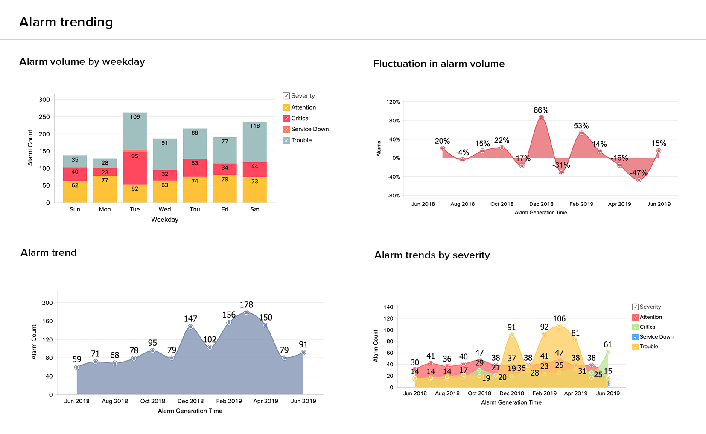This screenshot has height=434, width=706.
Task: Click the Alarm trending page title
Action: pos(66,22)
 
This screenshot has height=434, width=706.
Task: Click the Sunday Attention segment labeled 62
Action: pos(75,191)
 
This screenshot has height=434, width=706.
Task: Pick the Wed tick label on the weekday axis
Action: pos(165,209)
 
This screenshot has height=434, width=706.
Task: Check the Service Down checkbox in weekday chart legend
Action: pos(286,129)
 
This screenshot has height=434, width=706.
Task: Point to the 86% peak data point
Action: pos(541,117)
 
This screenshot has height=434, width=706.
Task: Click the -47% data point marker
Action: pos(639,180)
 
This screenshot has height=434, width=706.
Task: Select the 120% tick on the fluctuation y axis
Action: pos(393,102)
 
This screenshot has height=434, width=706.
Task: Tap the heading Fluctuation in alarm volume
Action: pos(439,64)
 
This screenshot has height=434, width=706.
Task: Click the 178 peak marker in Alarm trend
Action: pos(246,312)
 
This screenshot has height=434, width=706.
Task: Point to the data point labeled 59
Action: pos(77,367)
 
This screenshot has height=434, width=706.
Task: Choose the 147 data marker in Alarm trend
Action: pos(190,327)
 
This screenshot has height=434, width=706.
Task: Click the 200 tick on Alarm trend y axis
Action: pos(47,303)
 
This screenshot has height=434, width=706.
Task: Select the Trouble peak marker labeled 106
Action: pos(559,326)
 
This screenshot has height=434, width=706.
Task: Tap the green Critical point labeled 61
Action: pos(608,352)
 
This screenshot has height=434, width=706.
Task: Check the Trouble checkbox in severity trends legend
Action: pos(635,347)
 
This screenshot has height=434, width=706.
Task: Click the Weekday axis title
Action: pos(165,220)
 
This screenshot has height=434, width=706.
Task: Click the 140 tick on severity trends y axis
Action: pos(388,307)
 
